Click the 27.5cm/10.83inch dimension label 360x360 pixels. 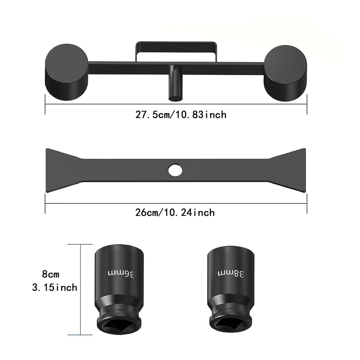coord(181,114)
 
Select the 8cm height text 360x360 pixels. coord(51,274)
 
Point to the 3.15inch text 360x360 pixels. coord(55,288)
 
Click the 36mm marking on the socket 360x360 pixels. coord(121,274)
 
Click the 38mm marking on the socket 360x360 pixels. coord(231,274)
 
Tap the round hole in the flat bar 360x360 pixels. coord(175,170)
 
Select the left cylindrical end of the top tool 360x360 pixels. coord(66,72)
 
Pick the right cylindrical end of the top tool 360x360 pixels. coord(285,73)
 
